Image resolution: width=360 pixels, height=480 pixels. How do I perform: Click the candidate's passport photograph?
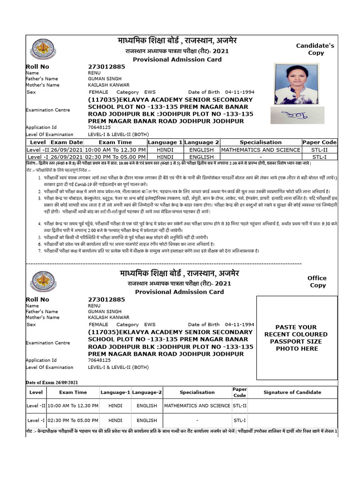click(296, 84)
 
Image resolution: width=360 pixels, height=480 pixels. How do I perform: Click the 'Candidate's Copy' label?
click(315, 49)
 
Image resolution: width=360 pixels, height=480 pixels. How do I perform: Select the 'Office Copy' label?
click(317, 281)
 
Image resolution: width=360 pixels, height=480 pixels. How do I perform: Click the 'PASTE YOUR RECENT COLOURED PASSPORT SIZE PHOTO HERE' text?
click(297, 337)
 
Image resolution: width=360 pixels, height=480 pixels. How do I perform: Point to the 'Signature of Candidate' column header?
click(292, 392)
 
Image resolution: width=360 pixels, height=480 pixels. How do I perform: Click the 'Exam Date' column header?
click(67, 142)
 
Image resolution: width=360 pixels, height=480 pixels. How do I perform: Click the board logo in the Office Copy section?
click(43, 283)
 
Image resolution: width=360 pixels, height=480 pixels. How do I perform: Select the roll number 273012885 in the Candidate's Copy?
click(106, 67)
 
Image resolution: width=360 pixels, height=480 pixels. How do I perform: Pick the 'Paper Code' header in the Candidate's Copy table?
click(319, 142)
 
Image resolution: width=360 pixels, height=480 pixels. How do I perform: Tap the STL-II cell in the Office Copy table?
click(240, 405)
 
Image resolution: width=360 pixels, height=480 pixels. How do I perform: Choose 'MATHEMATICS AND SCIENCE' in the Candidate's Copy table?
click(261, 150)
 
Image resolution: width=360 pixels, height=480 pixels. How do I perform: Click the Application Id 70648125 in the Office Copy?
click(99, 360)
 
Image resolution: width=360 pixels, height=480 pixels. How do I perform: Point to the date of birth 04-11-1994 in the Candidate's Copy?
click(240, 92)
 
